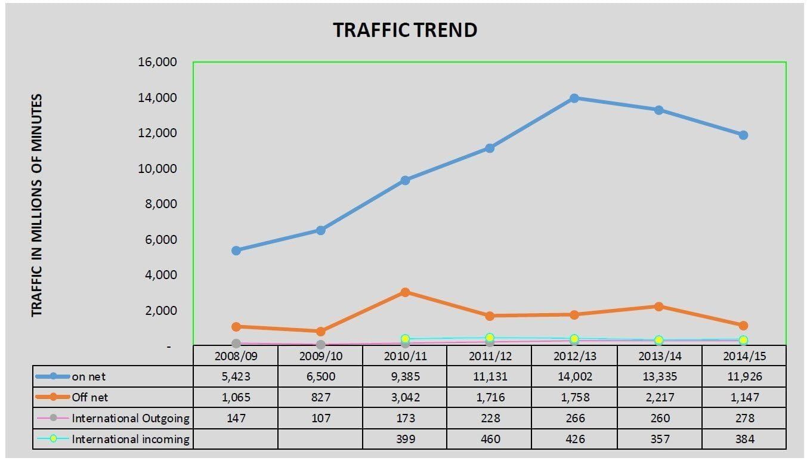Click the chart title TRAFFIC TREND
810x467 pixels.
(x=405, y=30)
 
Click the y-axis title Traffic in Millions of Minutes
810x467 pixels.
(x=37, y=205)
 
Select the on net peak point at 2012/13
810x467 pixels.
(x=574, y=98)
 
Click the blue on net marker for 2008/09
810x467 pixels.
(x=236, y=250)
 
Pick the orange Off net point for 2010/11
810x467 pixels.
(x=405, y=292)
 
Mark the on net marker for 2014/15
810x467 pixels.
(x=743, y=135)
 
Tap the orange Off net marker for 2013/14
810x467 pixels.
(x=658, y=307)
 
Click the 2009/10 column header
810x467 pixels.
(x=320, y=355)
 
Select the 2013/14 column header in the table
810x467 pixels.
(x=658, y=355)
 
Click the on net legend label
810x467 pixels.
(x=89, y=376)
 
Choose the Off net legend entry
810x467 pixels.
(x=90, y=397)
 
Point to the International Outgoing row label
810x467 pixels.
(x=131, y=418)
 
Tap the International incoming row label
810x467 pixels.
(x=131, y=440)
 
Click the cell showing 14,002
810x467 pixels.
(x=574, y=376)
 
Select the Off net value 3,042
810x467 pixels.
(x=405, y=397)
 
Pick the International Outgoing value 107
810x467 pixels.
(x=320, y=418)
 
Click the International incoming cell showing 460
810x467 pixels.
(x=489, y=440)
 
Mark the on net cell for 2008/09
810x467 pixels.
(x=236, y=376)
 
